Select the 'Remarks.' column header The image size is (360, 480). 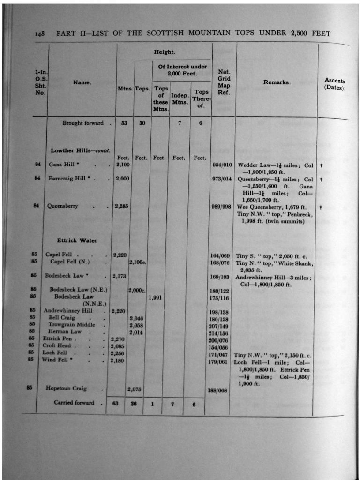click(x=277, y=82)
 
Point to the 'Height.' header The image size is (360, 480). click(x=165, y=52)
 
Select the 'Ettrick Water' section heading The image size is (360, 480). click(x=77, y=240)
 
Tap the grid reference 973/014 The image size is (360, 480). click(x=221, y=179)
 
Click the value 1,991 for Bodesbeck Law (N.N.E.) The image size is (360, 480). click(x=156, y=297)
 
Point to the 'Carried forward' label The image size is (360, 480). click(x=74, y=403)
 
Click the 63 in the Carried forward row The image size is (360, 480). click(x=116, y=403)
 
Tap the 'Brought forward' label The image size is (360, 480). click(x=83, y=123)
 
